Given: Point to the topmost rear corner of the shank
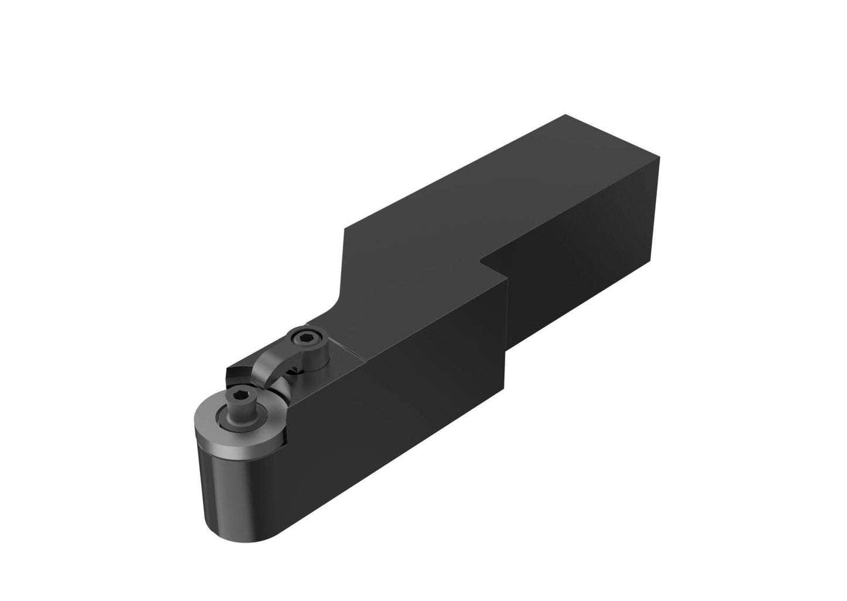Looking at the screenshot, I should pos(565,115).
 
